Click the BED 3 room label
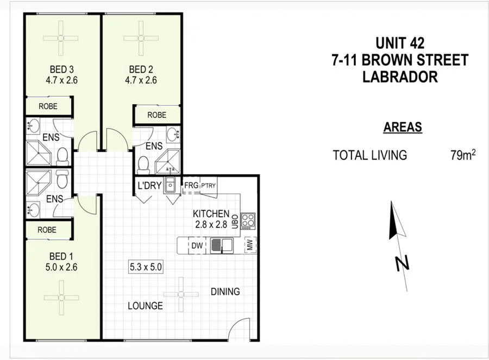tap(61, 70)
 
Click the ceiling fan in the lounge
tap(181, 294)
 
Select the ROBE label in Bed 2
tap(156, 115)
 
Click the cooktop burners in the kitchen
tap(248, 220)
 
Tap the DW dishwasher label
tap(197, 245)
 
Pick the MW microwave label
tap(250, 245)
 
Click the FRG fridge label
tap(191, 186)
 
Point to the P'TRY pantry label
tap(208, 186)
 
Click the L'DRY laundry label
tap(149, 186)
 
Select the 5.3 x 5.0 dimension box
tap(146, 267)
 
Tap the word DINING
tap(225, 292)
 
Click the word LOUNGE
tap(145, 306)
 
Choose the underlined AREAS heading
tap(403, 128)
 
